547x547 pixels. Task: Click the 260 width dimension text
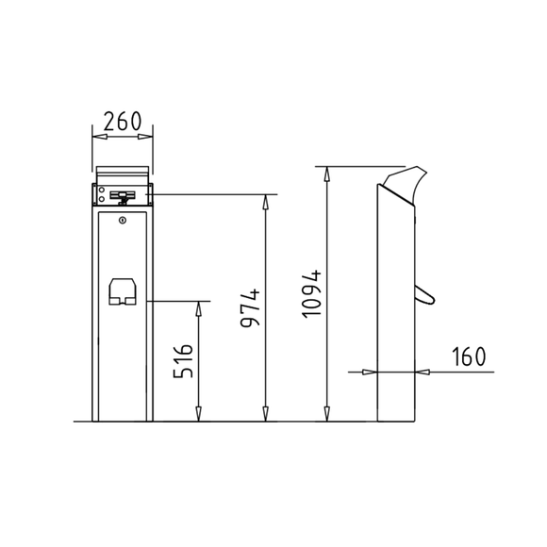tap(122, 121)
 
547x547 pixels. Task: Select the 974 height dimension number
tap(249, 308)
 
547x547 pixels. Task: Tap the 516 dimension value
tap(184, 360)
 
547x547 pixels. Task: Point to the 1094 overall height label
tap(315, 293)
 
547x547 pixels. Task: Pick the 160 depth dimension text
tap(468, 356)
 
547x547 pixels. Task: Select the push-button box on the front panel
tap(122, 292)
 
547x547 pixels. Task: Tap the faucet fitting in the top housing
tap(122, 196)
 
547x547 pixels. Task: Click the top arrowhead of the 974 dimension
tap(267, 201)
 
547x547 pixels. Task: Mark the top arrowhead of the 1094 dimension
tap(327, 174)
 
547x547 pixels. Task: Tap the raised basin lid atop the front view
tap(122, 176)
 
